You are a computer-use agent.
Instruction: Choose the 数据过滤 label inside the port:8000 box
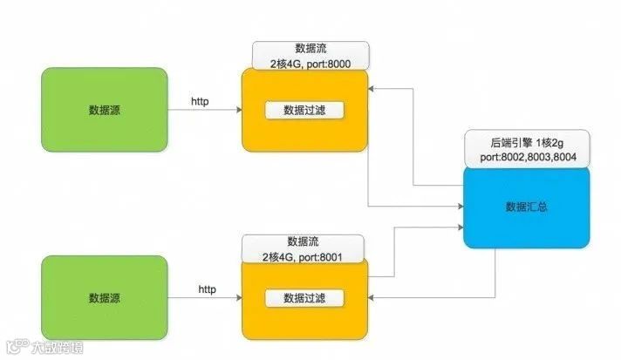[x=304, y=110]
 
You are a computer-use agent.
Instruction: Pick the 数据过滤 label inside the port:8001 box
[x=304, y=298]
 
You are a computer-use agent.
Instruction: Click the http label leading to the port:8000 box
[x=200, y=101]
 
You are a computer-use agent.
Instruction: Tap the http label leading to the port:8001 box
[x=207, y=289]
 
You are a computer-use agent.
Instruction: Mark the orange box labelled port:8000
[x=304, y=131]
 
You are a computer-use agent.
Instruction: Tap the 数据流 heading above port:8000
[x=311, y=48]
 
